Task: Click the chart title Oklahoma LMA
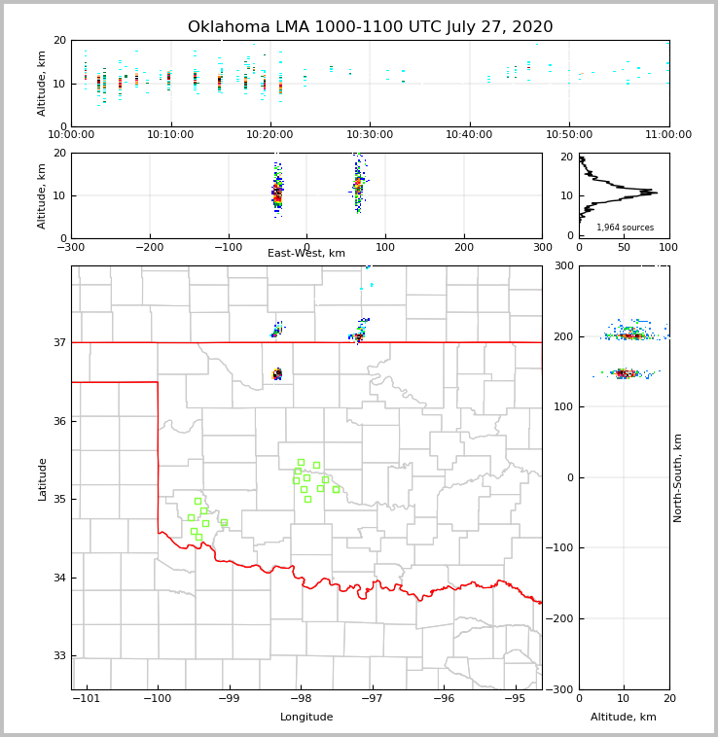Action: point(370,27)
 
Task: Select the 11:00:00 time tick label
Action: point(667,135)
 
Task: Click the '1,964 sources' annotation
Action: point(625,228)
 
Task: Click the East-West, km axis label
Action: point(306,254)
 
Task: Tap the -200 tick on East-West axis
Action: point(149,247)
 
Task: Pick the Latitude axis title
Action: point(43,478)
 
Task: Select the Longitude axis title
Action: point(306,718)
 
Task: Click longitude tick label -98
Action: point(301,698)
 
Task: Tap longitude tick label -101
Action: point(86,698)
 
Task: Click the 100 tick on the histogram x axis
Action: point(668,247)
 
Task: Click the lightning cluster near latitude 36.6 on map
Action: point(277,373)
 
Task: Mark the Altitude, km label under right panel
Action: point(624,718)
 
